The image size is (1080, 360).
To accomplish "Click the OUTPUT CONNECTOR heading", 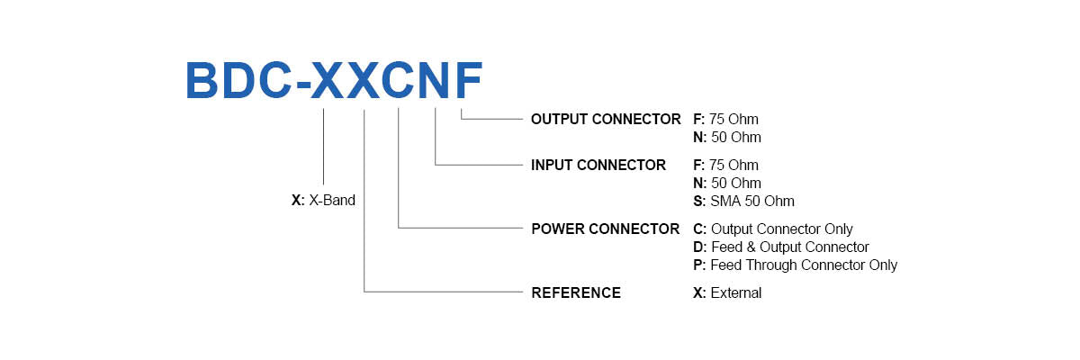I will click(x=606, y=119).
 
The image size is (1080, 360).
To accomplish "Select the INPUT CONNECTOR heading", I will click(x=598, y=165).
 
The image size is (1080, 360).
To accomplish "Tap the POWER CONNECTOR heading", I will click(x=605, y=229).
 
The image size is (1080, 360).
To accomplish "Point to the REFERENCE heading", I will click(x=576, y=292).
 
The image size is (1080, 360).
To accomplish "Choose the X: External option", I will click(x=727, y=292).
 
